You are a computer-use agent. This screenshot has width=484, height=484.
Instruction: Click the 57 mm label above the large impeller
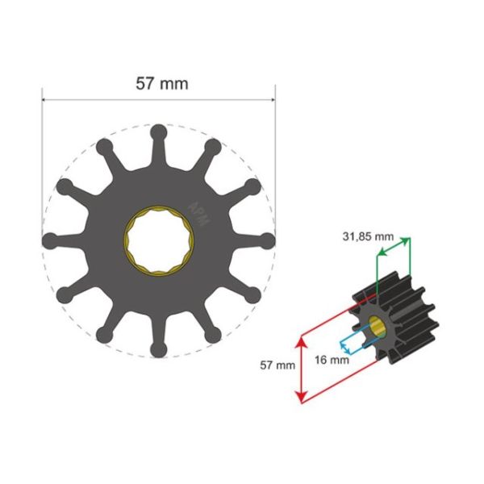[x=159, y=82]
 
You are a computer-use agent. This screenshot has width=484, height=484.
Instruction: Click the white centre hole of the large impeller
[x=159, y=240]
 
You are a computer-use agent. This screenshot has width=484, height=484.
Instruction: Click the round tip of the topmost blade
[x=159, y=131]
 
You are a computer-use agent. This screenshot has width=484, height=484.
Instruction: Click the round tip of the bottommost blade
[x=159, y=348]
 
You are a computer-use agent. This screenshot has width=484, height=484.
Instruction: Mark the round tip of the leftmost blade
[x=50, y=240]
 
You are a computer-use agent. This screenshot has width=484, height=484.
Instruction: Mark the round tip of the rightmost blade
[x=268, y=240]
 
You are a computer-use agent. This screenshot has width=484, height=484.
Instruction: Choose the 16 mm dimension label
[x=333, y=360]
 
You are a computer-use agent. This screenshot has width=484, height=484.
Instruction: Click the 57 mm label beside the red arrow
[x=277, y=365]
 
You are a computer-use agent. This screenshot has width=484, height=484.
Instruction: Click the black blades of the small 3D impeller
[x=411, y=323]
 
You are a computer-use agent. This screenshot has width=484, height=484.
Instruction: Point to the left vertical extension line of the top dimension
[x=43, y=161]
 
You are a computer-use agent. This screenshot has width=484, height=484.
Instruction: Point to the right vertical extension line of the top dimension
[x=275, y=161]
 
